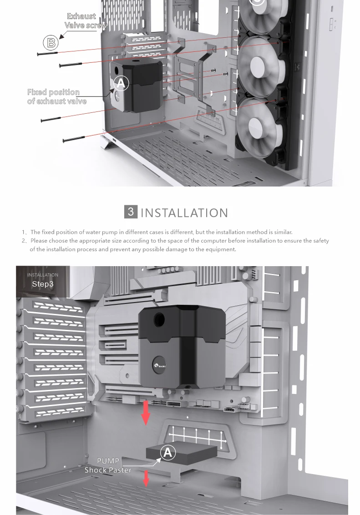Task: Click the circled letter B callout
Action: pos(51,43)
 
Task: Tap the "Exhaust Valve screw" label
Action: pos(85,21)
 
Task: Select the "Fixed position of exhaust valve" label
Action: pos(56,96)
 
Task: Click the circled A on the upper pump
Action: pos(121,83)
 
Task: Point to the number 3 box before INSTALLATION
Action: pos(131,212)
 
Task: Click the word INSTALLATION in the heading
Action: pos(184,212)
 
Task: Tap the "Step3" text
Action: pos(43,284)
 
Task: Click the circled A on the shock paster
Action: pos(168,452)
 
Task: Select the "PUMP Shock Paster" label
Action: pos(108,465)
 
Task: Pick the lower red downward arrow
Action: pos(146,478)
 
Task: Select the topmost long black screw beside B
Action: pos(47,53)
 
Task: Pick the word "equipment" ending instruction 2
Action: pos(222,249)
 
